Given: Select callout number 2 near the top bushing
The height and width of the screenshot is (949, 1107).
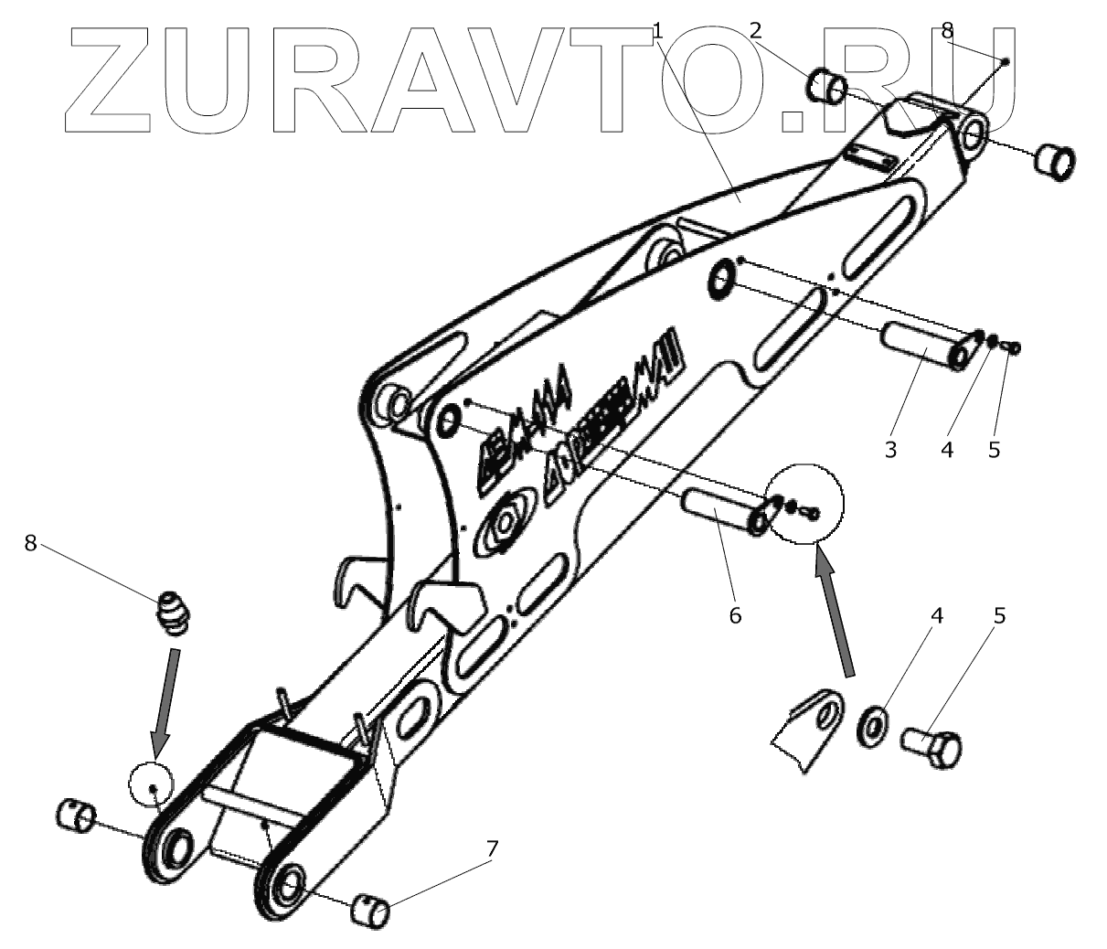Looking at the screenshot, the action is tap(755, 31).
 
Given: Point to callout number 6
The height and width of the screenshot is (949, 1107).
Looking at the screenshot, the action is tap(735, 615).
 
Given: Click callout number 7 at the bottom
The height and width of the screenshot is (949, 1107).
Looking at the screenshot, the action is tap(493, 848).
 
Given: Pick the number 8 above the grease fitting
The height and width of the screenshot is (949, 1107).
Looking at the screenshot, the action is tap(30, 543).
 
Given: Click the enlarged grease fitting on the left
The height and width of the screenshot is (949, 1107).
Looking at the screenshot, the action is tap(171, 611).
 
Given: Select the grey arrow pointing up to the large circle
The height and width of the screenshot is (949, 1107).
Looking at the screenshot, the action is tap(836, 618).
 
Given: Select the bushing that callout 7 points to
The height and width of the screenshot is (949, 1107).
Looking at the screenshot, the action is tap(371, 911).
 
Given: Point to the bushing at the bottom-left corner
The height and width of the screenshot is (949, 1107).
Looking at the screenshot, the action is tap(77, 814).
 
